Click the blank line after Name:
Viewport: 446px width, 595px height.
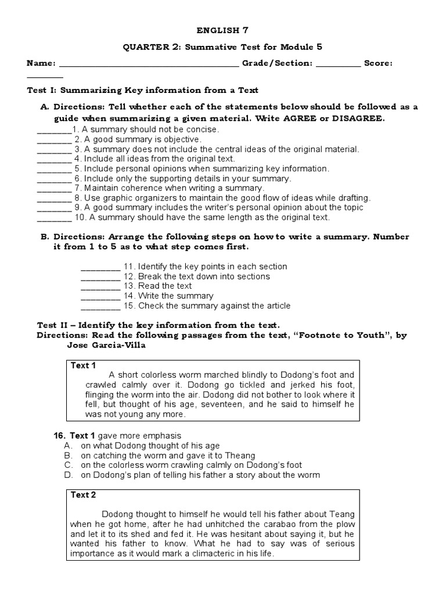[149, 64]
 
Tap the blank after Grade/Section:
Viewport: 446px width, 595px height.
[339, 64]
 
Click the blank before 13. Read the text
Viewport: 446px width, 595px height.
[100, 286]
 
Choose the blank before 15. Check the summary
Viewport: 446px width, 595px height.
[100, 306]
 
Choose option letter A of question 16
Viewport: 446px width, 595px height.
[67, 445]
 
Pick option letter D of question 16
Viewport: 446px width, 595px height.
[67, 475]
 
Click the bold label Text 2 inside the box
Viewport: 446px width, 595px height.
[83, 495]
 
